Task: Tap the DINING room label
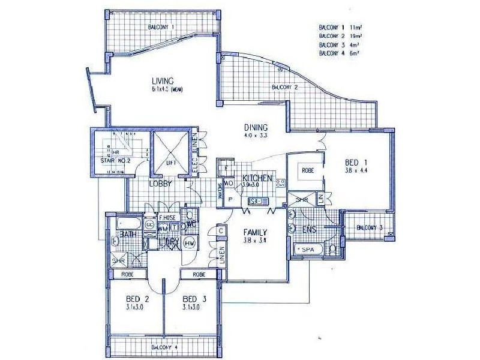click(255, 127)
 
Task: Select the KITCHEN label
click(257, 178)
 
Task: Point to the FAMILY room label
click(255, 232)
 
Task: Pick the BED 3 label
click(191, 299)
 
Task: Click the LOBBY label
click(161, 184)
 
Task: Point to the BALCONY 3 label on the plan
click(369, 227)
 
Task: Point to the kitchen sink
click(259, 201)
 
